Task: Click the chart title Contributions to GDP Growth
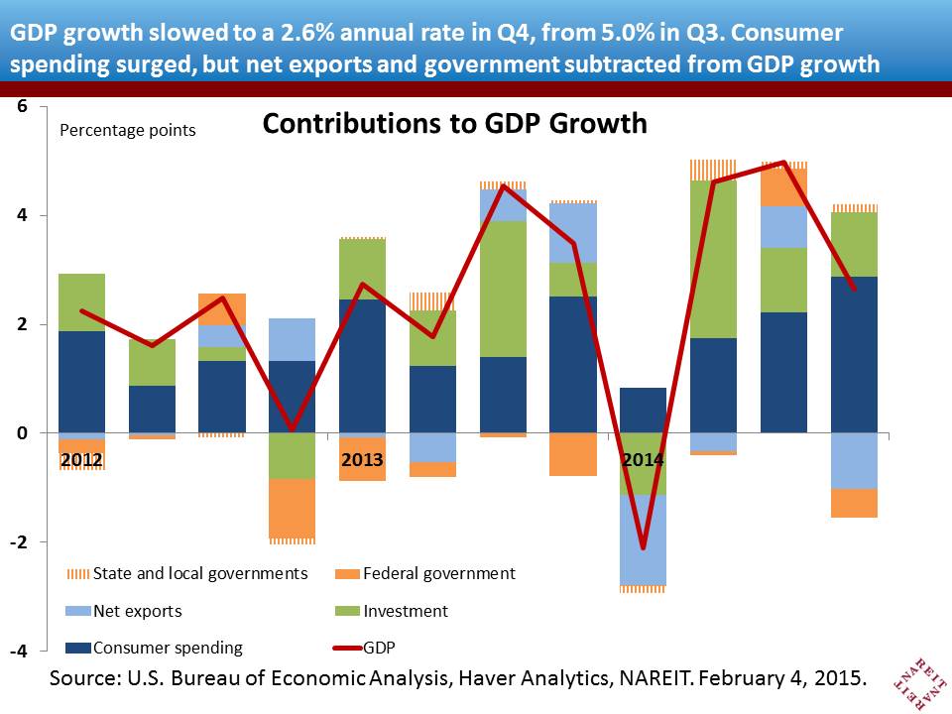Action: [454, 124]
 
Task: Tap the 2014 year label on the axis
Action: [643, 460]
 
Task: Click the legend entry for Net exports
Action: [137, 611]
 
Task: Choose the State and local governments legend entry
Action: [199, 573]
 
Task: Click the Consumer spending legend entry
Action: [167, 648]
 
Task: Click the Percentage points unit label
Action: [129, 130]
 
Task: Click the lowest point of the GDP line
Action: [643, 547]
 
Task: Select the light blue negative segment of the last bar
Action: [855, 461]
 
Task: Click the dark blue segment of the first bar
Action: [81, 382]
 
